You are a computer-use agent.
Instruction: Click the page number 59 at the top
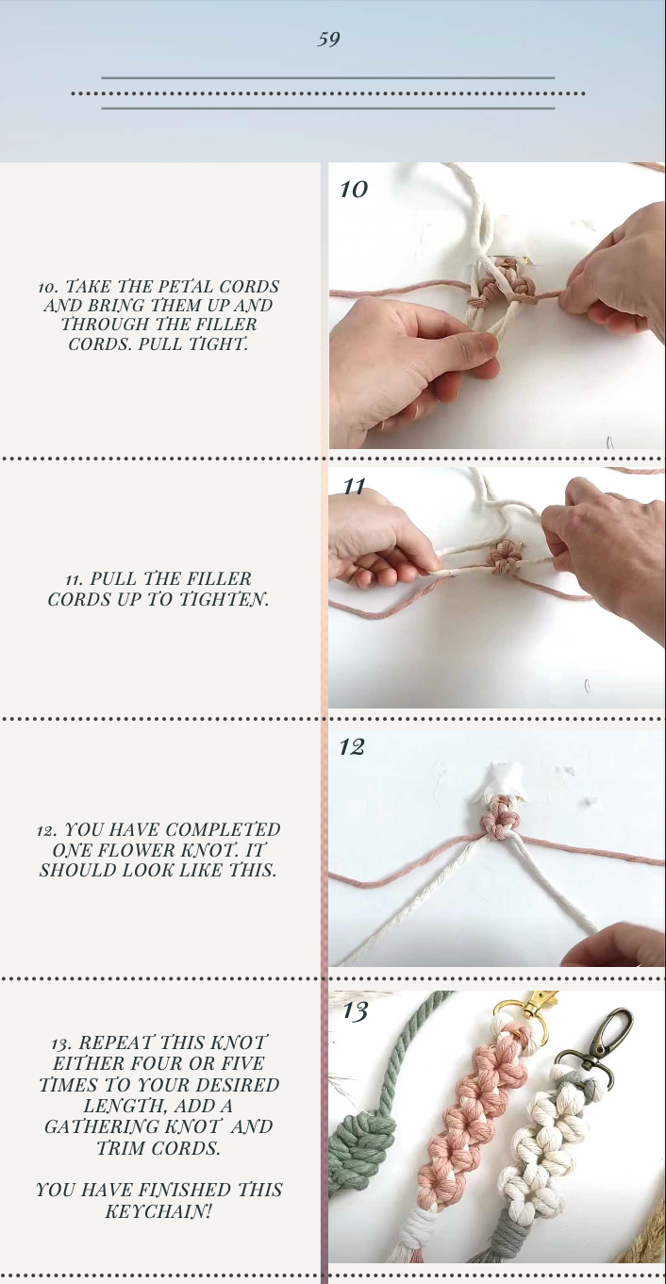click(328, 40)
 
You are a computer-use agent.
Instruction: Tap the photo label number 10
click(353, 190)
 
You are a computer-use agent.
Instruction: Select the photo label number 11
click(354, 487)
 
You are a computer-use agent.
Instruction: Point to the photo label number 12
click(352, 747)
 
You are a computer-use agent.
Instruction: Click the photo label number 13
click(355, 1011)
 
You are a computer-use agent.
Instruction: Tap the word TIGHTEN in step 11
click(224, 599)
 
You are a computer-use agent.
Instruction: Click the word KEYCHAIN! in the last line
click(158, 1210)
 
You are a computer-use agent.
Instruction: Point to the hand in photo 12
click(618, 945)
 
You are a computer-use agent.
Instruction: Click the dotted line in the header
click(327, 93)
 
